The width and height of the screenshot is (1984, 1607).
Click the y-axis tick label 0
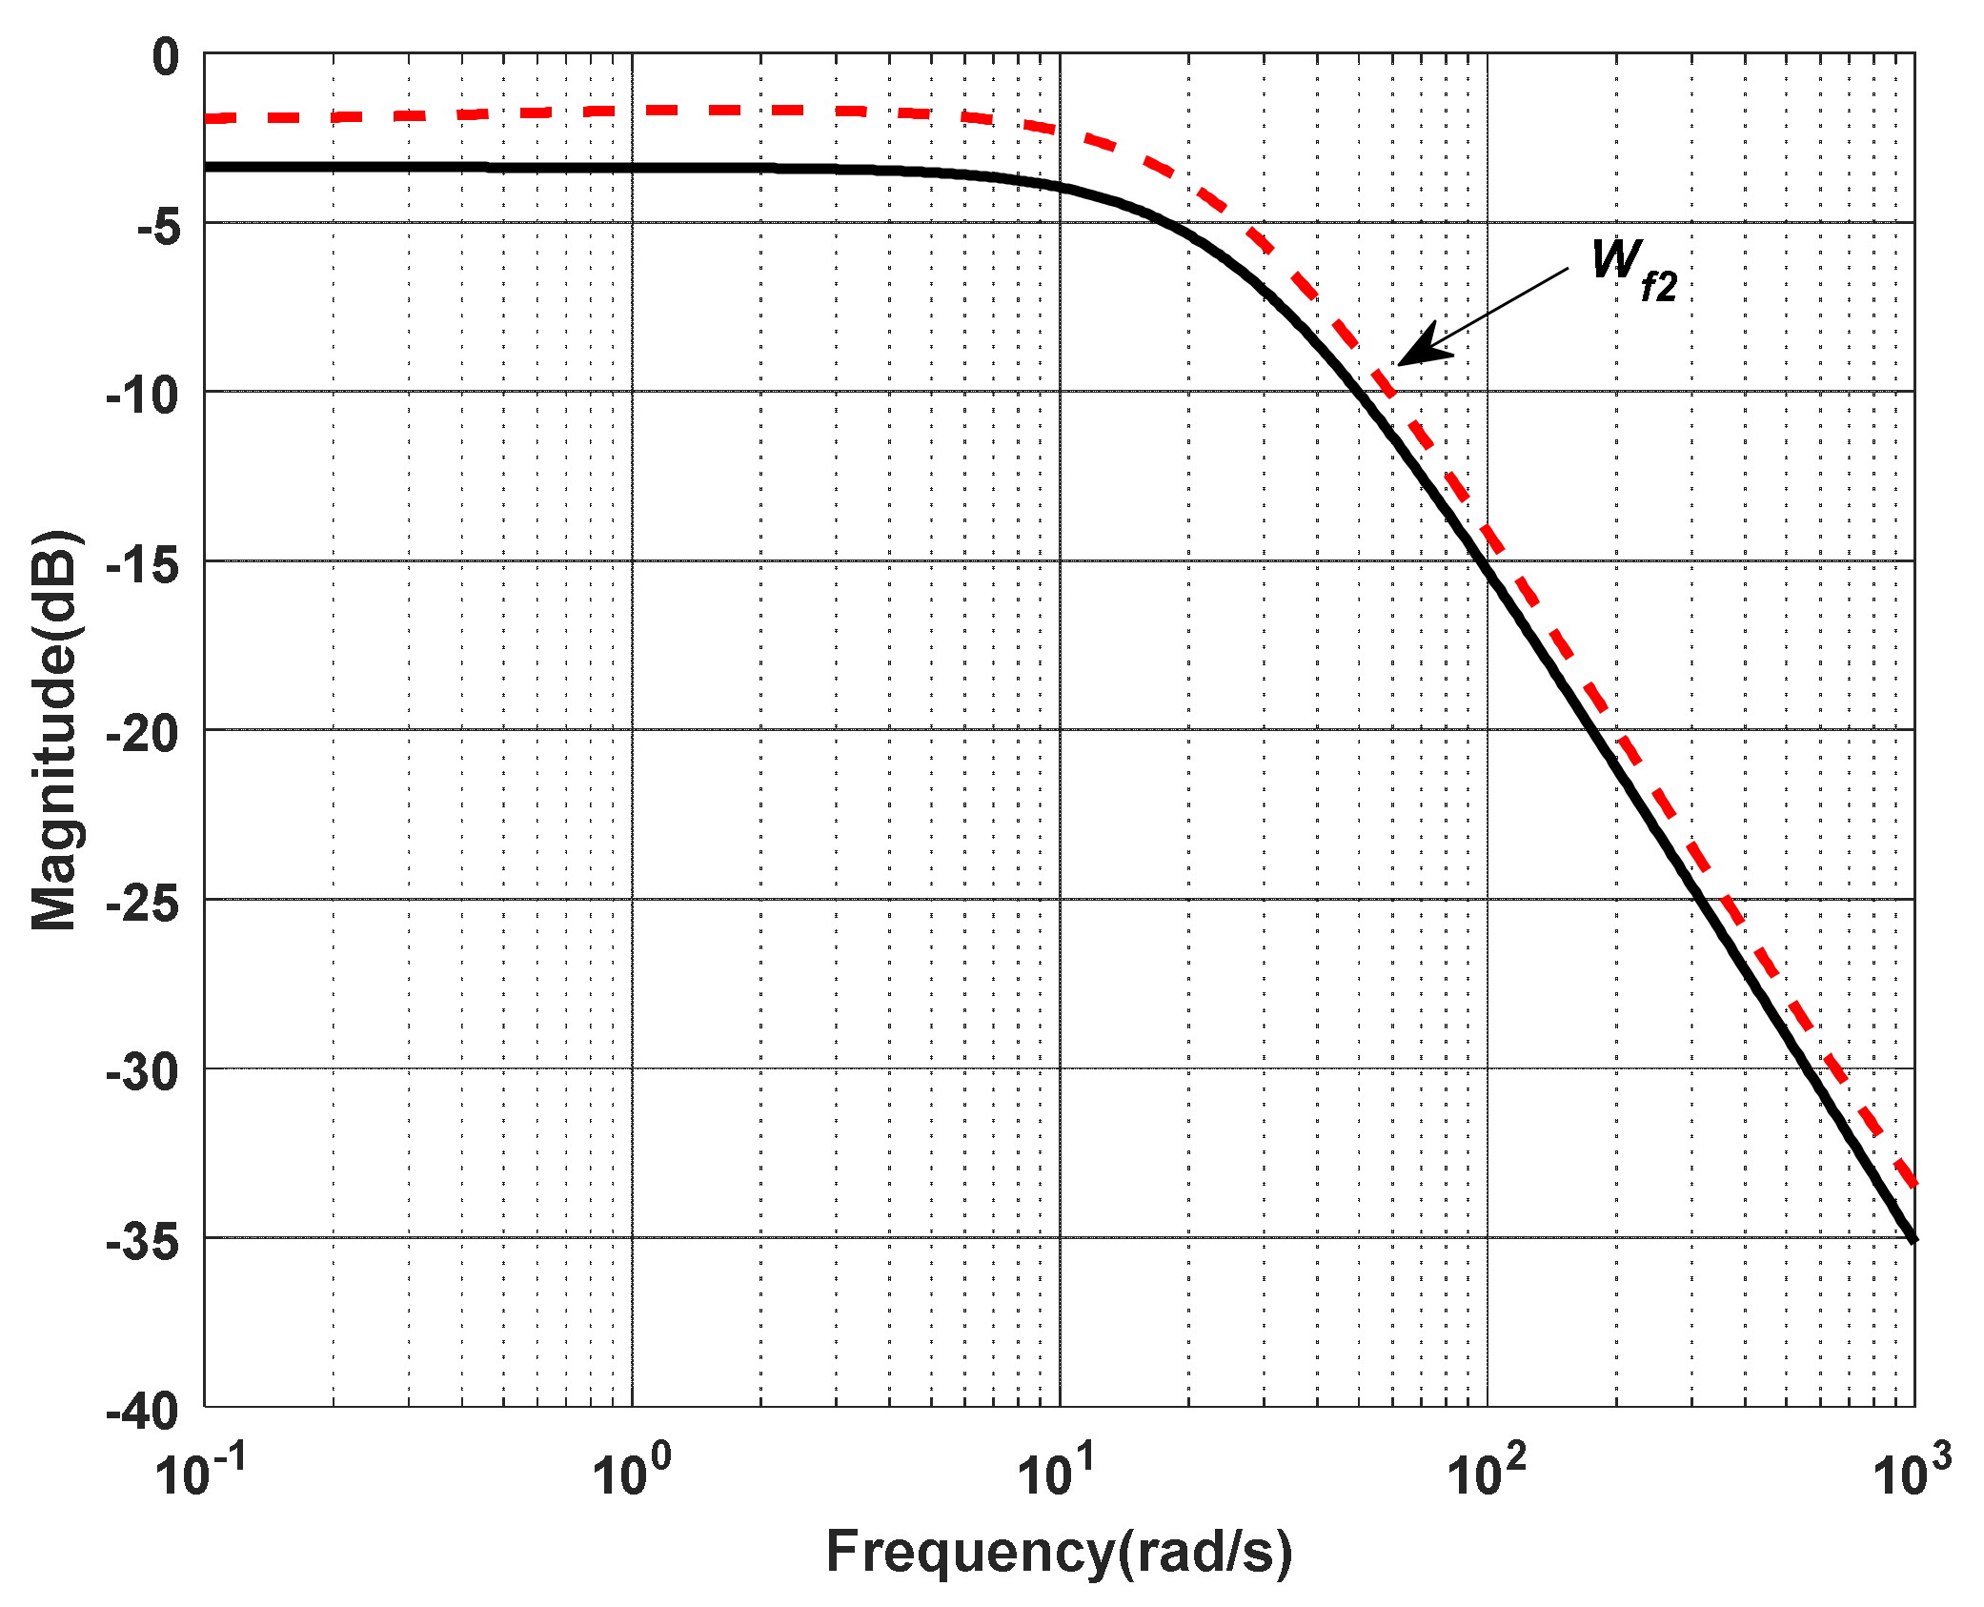pos(166,59)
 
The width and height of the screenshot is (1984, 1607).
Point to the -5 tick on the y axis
pos(158,228)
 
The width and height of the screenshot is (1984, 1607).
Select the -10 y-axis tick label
pos(143,396)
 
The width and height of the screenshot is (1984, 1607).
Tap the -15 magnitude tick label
pos(143,566)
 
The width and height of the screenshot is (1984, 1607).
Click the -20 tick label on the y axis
pos(143,735)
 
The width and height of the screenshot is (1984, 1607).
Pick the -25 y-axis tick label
pos(143,904)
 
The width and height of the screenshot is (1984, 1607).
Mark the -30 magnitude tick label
pos(143,1073)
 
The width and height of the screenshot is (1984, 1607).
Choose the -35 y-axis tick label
pos(143,1242)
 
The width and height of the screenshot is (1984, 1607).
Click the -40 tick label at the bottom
pos(143,1411)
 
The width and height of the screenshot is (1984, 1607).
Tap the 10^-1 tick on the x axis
pos(201,1472)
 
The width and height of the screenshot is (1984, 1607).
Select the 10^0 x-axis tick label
pos(631,1472)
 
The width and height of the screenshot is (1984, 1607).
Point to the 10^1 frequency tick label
pos(1057,1472)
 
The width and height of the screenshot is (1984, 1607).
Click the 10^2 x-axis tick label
pos(1486,1472)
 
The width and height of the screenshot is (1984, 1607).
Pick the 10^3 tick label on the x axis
pos(1912,1472)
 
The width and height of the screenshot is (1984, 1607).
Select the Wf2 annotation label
pos(1633,270)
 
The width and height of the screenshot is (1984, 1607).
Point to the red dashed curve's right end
pos(1913,1183)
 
